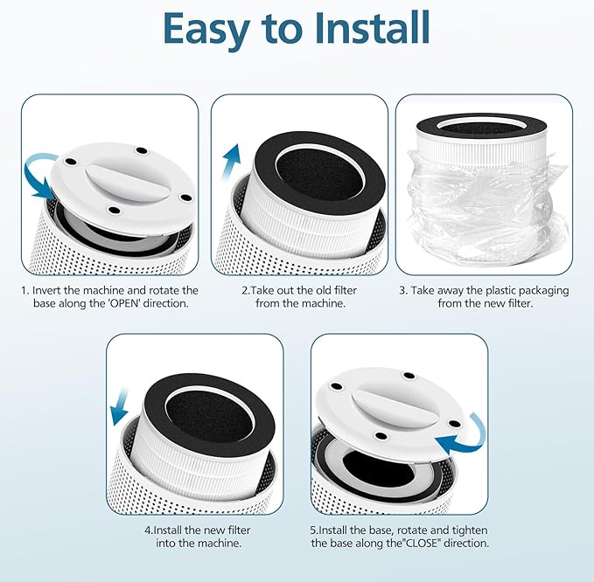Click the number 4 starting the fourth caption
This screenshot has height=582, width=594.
tap(148, 530)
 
